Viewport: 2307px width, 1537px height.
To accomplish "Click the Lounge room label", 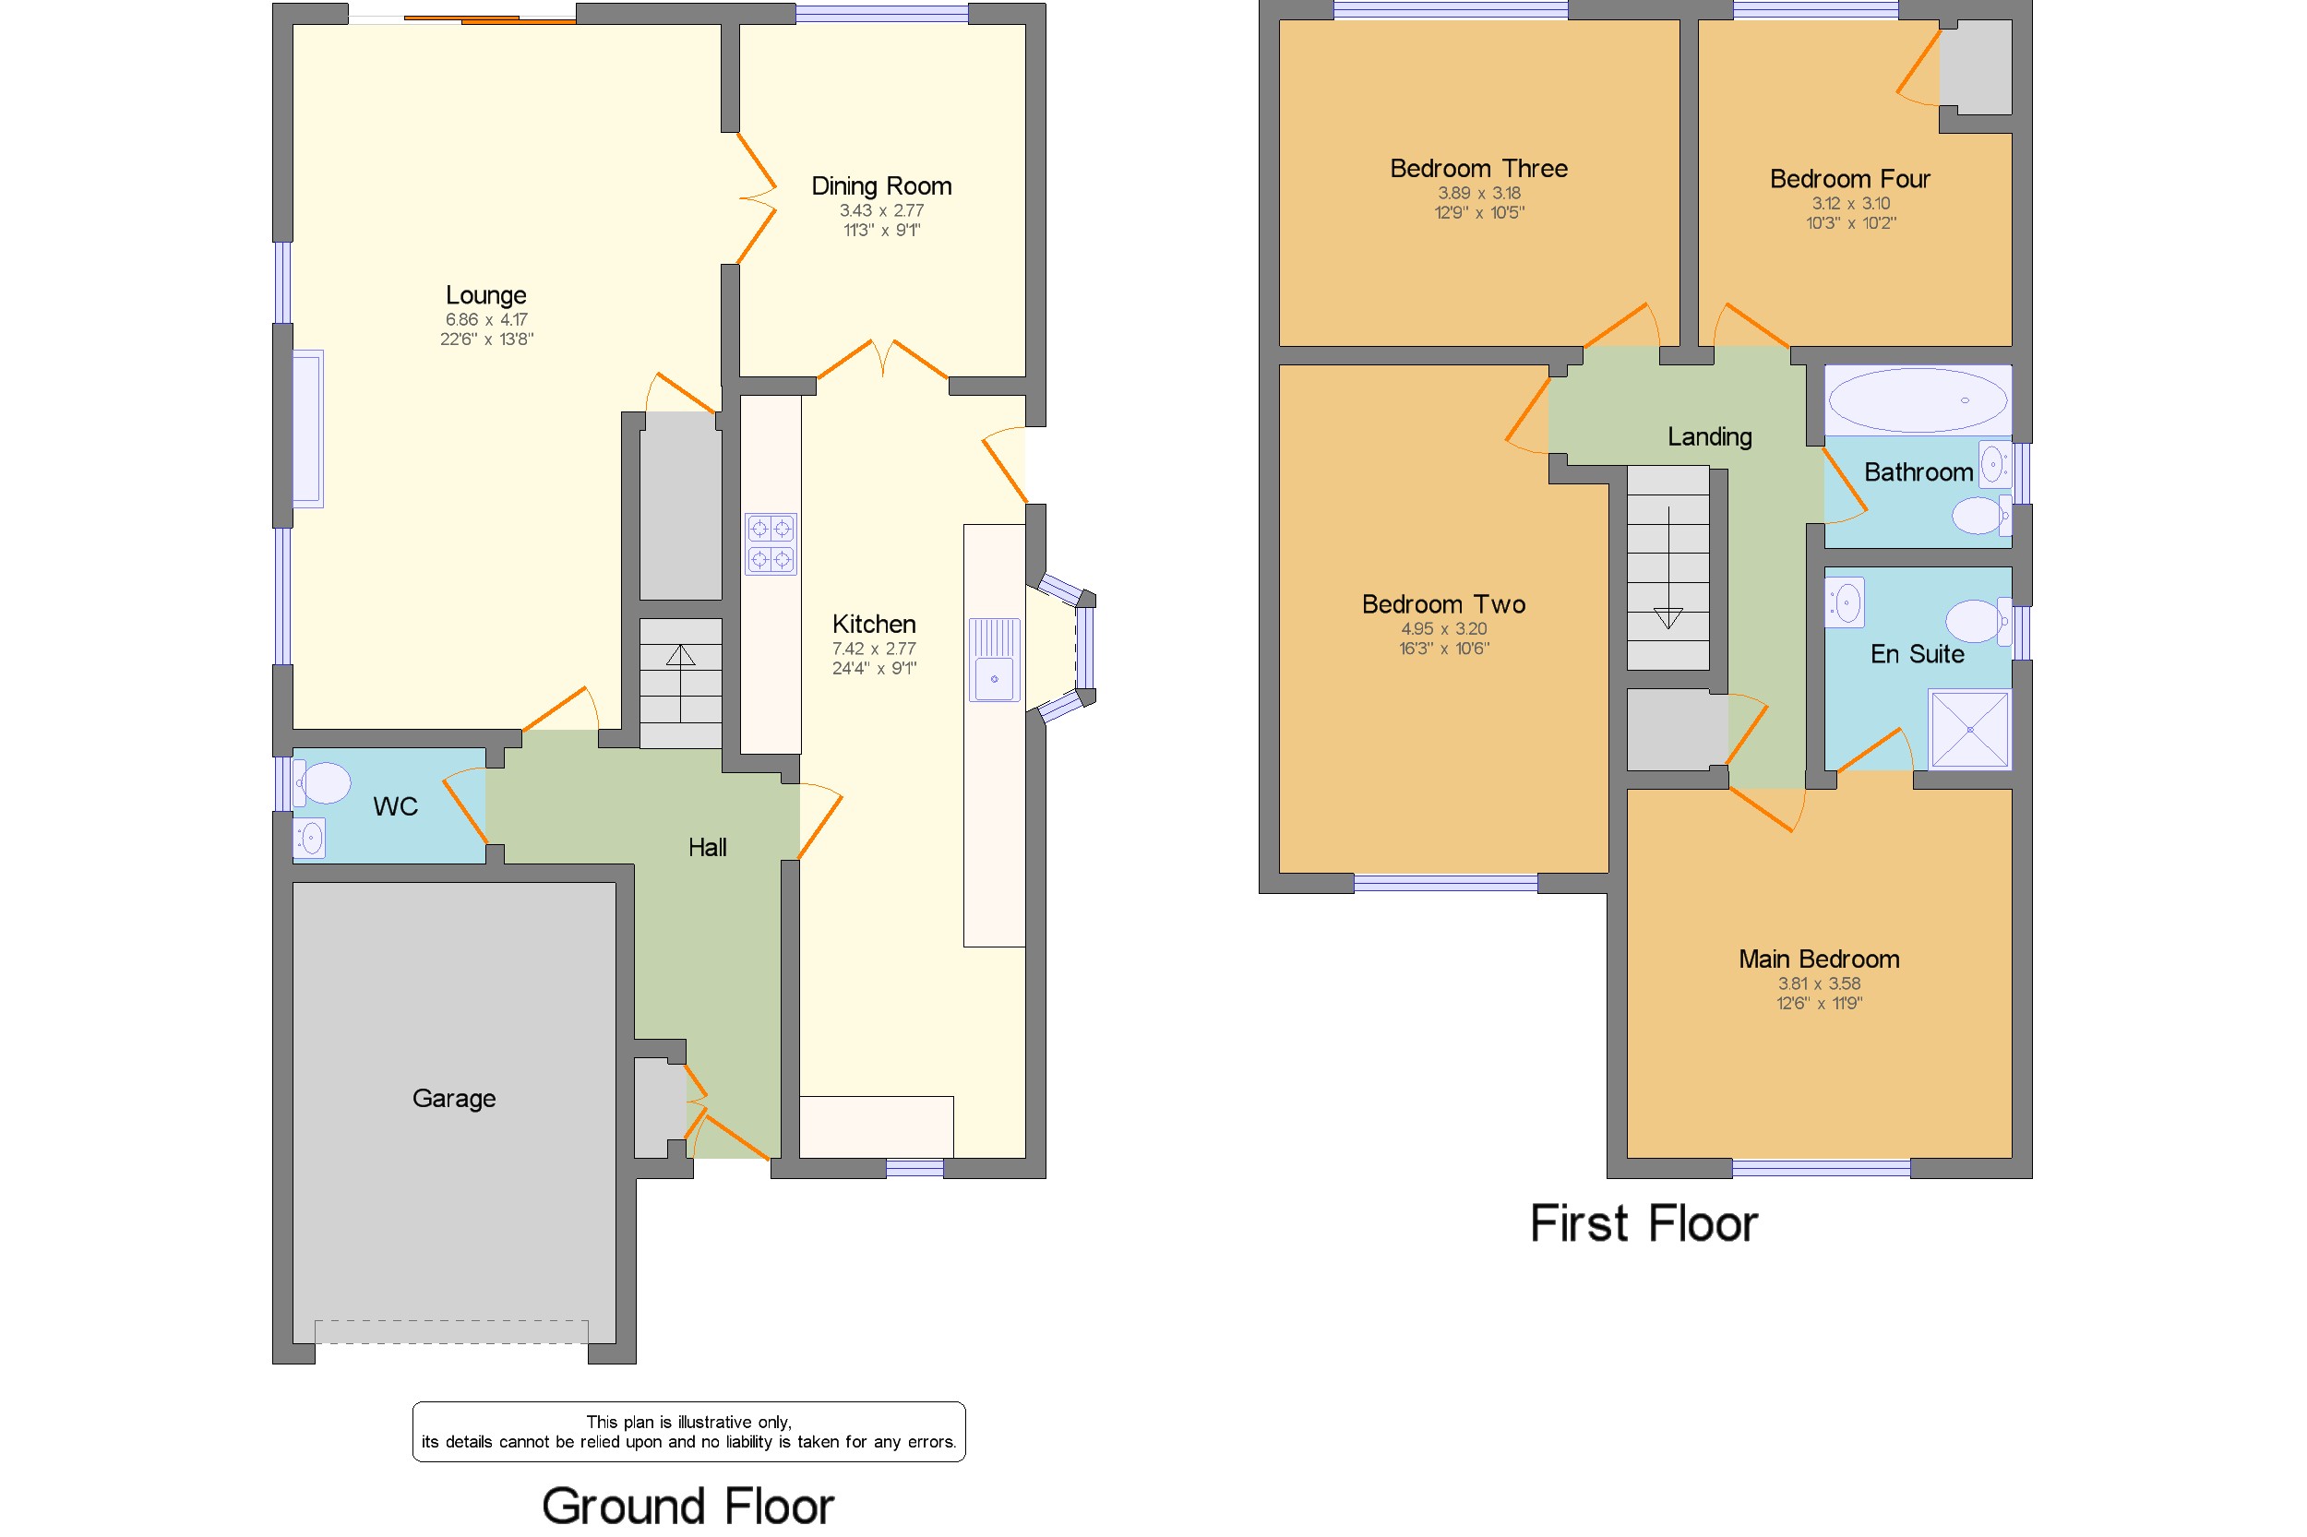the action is [485, 295].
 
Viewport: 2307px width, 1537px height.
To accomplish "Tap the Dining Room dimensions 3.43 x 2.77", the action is [881, 210].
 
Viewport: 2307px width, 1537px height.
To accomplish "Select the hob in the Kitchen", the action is [770, 544].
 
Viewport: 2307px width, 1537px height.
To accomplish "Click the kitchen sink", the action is [994, 660].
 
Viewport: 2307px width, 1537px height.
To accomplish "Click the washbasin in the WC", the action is [309, 838].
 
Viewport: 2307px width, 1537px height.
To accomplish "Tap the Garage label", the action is [454, 1099].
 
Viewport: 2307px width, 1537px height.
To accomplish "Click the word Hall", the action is [707, 848].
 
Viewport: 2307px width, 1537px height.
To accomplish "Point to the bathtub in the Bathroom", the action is [1917, 400].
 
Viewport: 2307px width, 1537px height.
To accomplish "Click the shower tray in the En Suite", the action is [1968, 729].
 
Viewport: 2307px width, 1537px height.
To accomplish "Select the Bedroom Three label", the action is [1478, 169].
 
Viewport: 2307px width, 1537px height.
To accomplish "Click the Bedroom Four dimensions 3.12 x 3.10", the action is [1850, 204].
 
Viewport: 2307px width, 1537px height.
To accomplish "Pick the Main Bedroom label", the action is [1819, 959].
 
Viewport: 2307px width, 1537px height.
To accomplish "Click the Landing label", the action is [1709, 437].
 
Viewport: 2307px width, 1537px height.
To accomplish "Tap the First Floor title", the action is [1644, 1224].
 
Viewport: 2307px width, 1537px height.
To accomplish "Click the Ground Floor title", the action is [687, 1506].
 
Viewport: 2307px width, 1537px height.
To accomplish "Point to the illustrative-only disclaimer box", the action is [688, 1432].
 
